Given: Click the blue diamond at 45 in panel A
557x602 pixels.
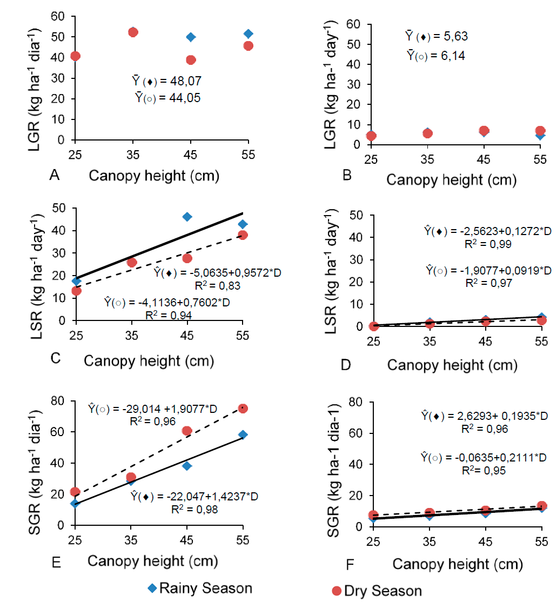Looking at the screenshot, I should (x=191, y=37).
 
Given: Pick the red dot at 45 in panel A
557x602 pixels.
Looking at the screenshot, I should (x=191, y=60).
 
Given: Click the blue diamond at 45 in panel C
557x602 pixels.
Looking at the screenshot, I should (x=187, y=217).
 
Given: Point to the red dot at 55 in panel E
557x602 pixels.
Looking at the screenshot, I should (x=243, y=409).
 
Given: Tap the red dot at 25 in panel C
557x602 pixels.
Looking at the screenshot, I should (x=76, y=291).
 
